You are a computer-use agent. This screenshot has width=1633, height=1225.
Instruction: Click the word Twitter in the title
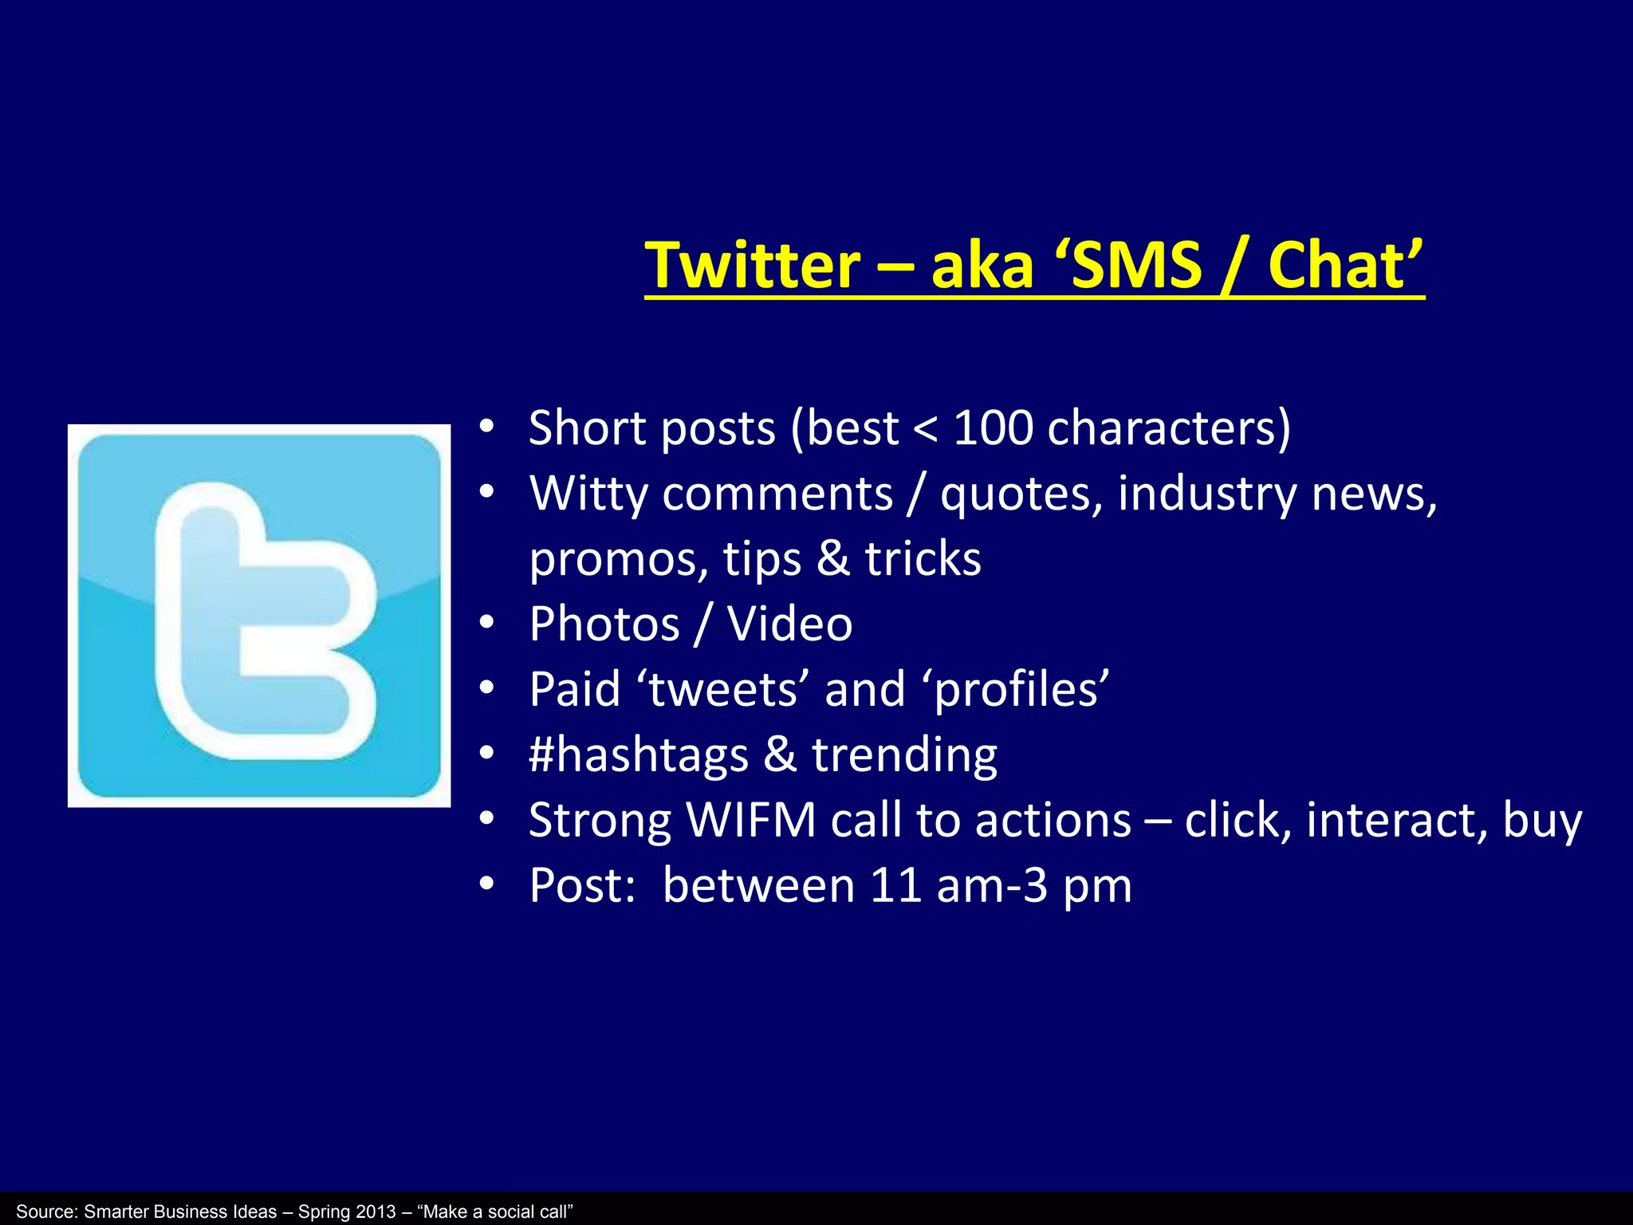pyautogui.click(x=753, y=266)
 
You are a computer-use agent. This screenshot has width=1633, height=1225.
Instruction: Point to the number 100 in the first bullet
pyautogui.click(x=993, y=428)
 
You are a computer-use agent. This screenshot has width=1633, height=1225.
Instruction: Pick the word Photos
pyautogui.click(x=604, y=624)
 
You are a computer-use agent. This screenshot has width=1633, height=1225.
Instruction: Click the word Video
pyautogui.click(x=789, y=624)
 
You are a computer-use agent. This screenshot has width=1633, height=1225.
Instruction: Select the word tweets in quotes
pyautogui.click(x=722, y=690)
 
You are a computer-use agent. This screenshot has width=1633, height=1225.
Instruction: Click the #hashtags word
pyautogui.click(x=639, y=755)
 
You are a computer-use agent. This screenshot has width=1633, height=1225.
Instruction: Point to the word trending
pyautogui.click(x=904, y=755)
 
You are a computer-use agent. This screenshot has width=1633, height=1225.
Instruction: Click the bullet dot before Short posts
pyautogui.click(x=487, y=427)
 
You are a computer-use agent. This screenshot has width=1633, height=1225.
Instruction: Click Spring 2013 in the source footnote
pyautogui.click(x=347, y=1211)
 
